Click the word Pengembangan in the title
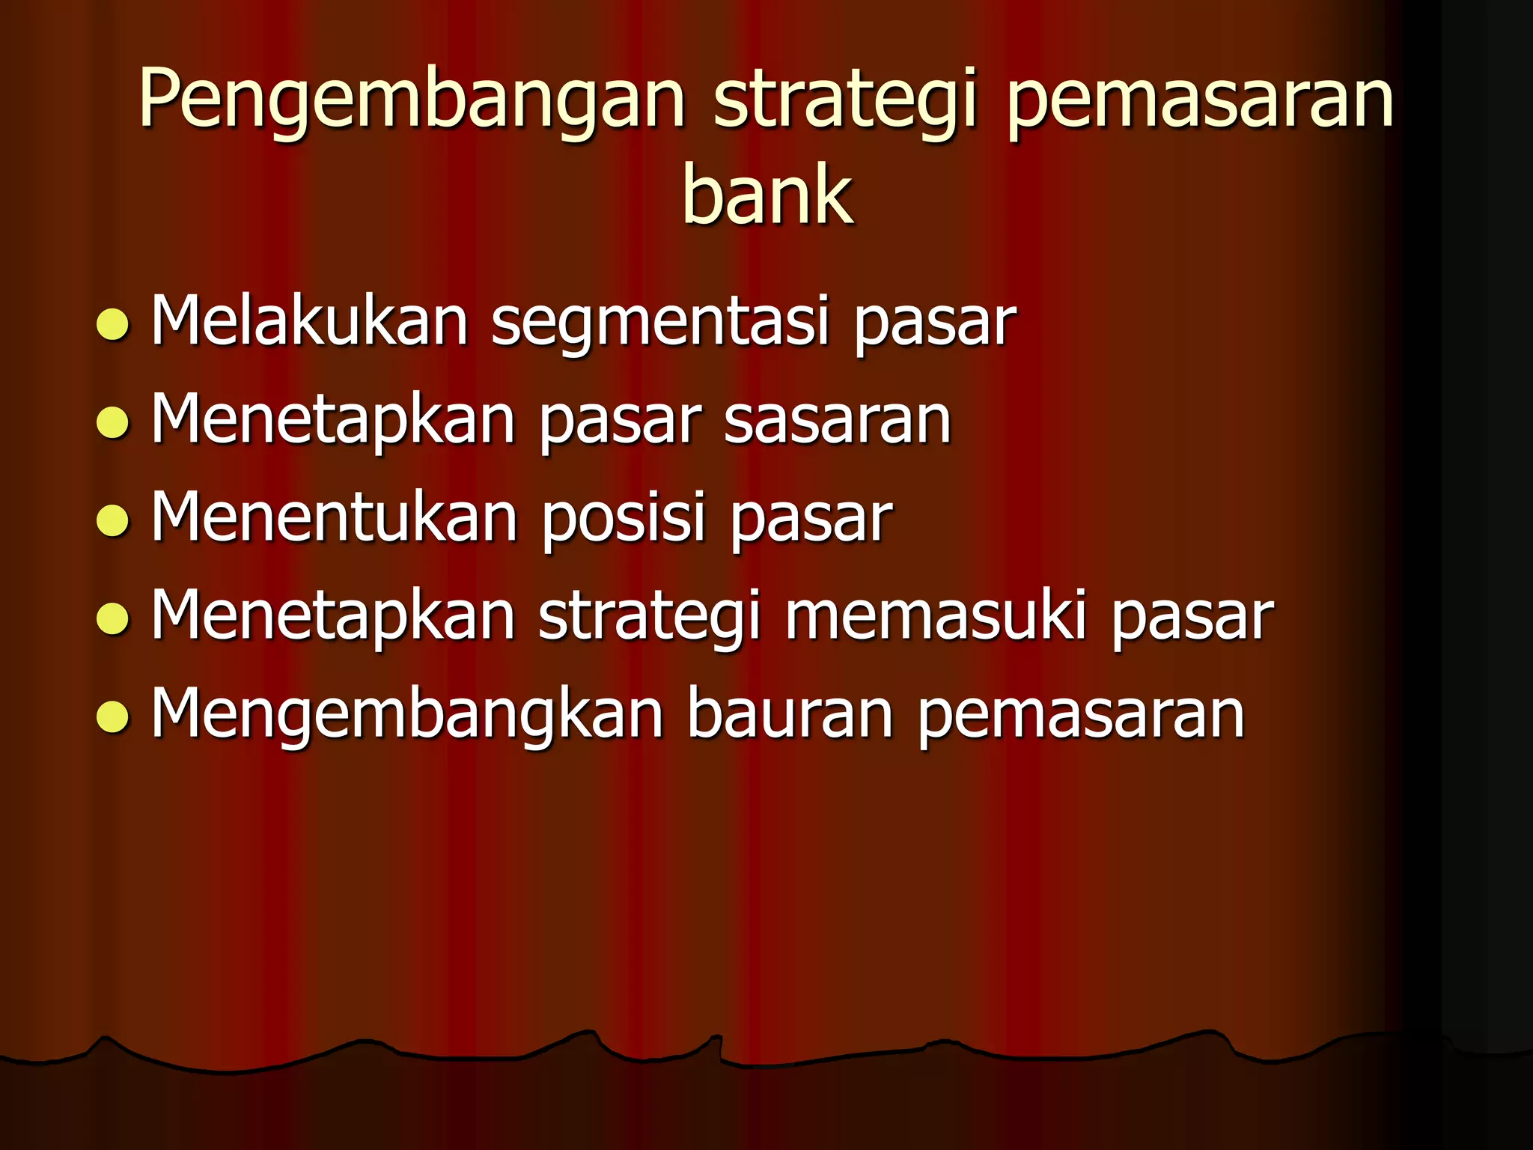(411, 101)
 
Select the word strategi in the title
(845, 101)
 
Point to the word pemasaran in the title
(1198, 101)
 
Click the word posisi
(624, 518)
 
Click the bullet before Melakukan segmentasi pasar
(113, 325)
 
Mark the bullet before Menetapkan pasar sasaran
(113, 422)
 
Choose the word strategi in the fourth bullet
(650, 617)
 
